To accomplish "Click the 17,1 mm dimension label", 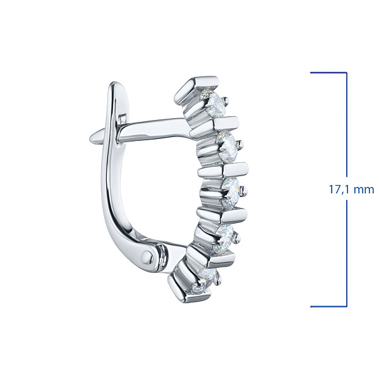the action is [351, 189].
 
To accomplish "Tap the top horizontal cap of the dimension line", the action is [328, 72].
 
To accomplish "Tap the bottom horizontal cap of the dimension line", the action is [328, 307].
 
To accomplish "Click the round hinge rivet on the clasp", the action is [147, 255].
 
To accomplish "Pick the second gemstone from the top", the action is [227, 147].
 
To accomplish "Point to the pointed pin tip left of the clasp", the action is [91, 139].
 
